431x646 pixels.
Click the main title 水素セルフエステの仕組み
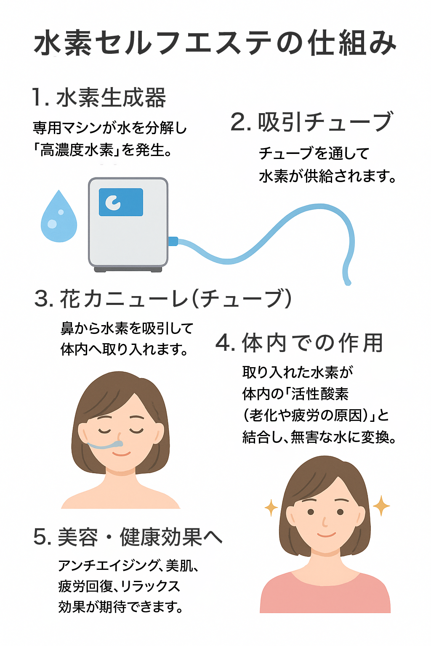click(215, 43)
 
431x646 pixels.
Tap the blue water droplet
click(59, 219)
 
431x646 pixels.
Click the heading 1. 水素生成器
click(99, 98)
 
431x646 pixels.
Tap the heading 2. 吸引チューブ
click(312, 122)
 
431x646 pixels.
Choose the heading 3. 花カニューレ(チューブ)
click(163, 299)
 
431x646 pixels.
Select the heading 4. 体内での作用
click(299, 342)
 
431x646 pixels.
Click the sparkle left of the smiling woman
click(271, 507)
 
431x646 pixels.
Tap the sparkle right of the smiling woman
click(381, 505)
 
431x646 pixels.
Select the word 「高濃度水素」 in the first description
click(76, 150)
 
